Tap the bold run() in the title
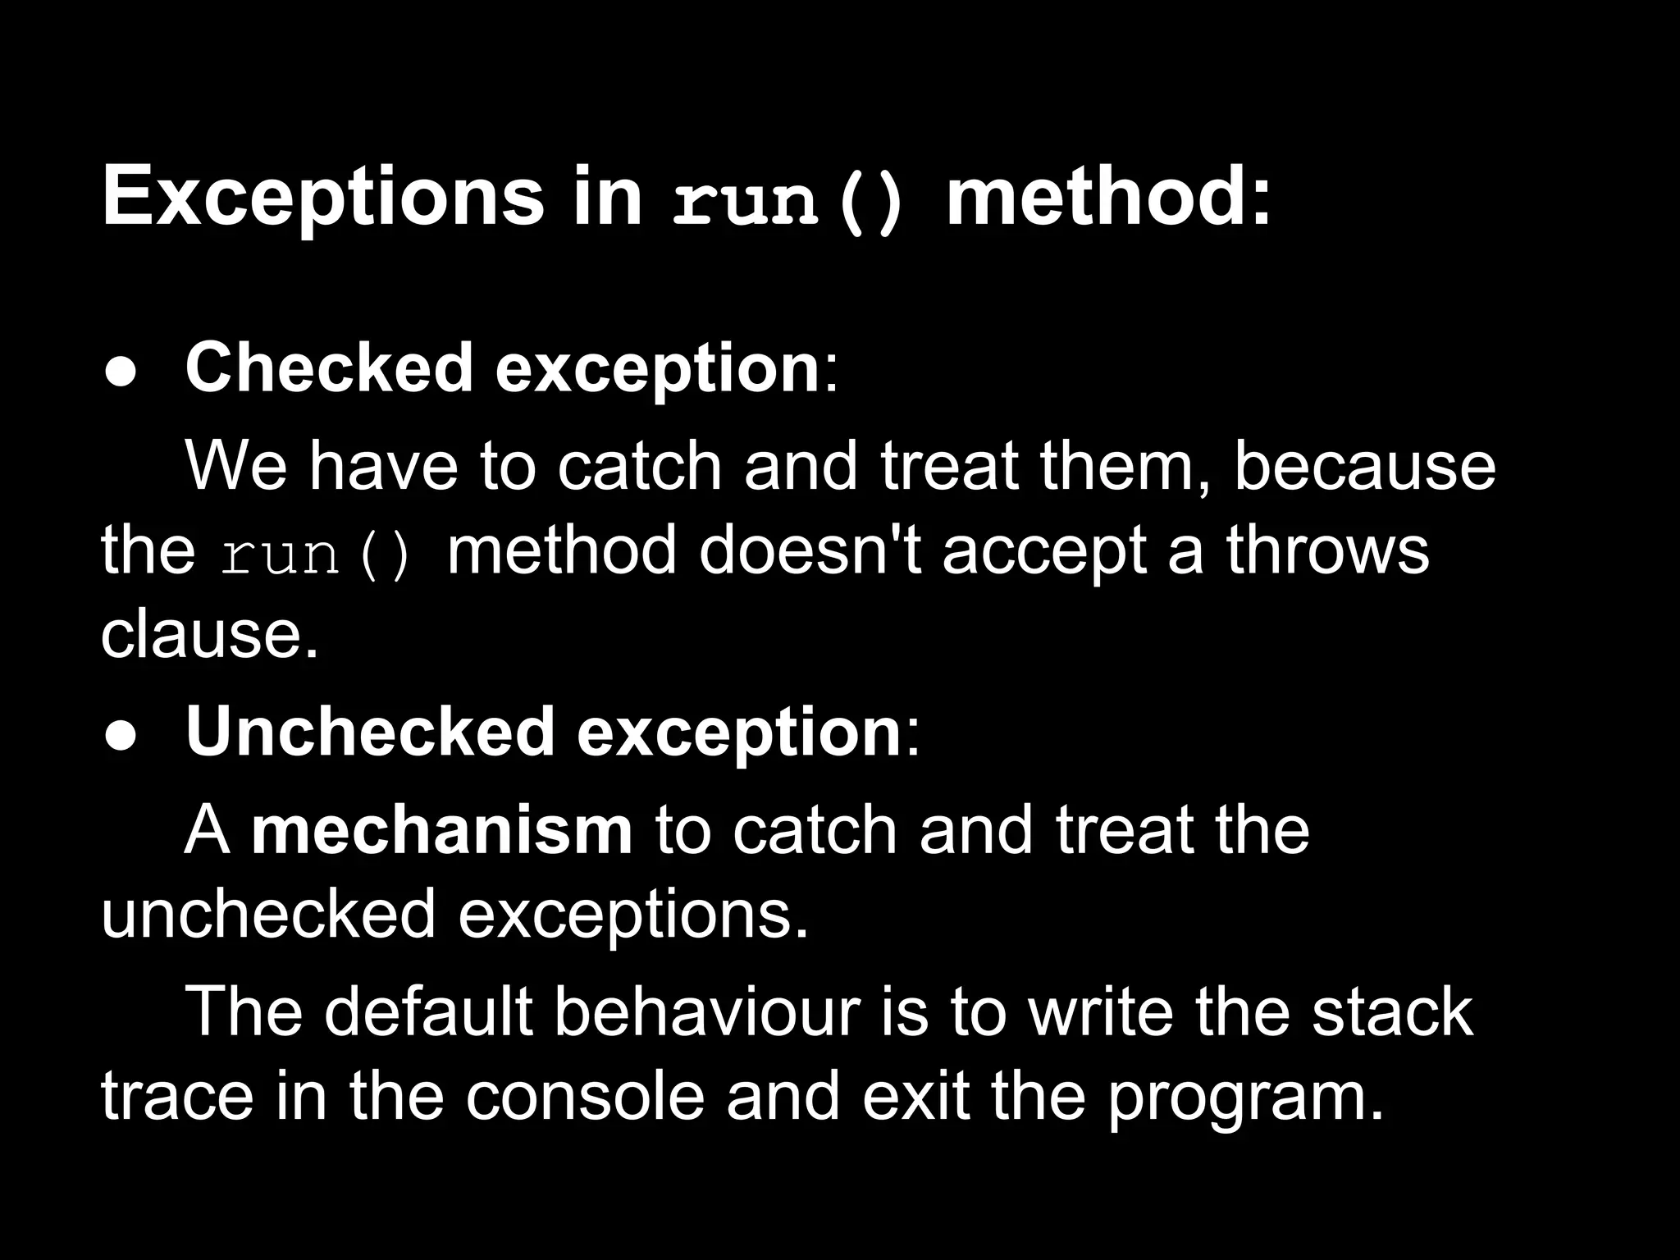tap(788, 201)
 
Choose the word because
tap(1365, 466)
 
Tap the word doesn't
tap(810, 550)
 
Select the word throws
tap(1327, 550)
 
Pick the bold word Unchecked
tap(370, 732)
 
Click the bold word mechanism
tap(442, 831)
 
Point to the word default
tap(429, 1012)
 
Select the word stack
tap(1391, 1012)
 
